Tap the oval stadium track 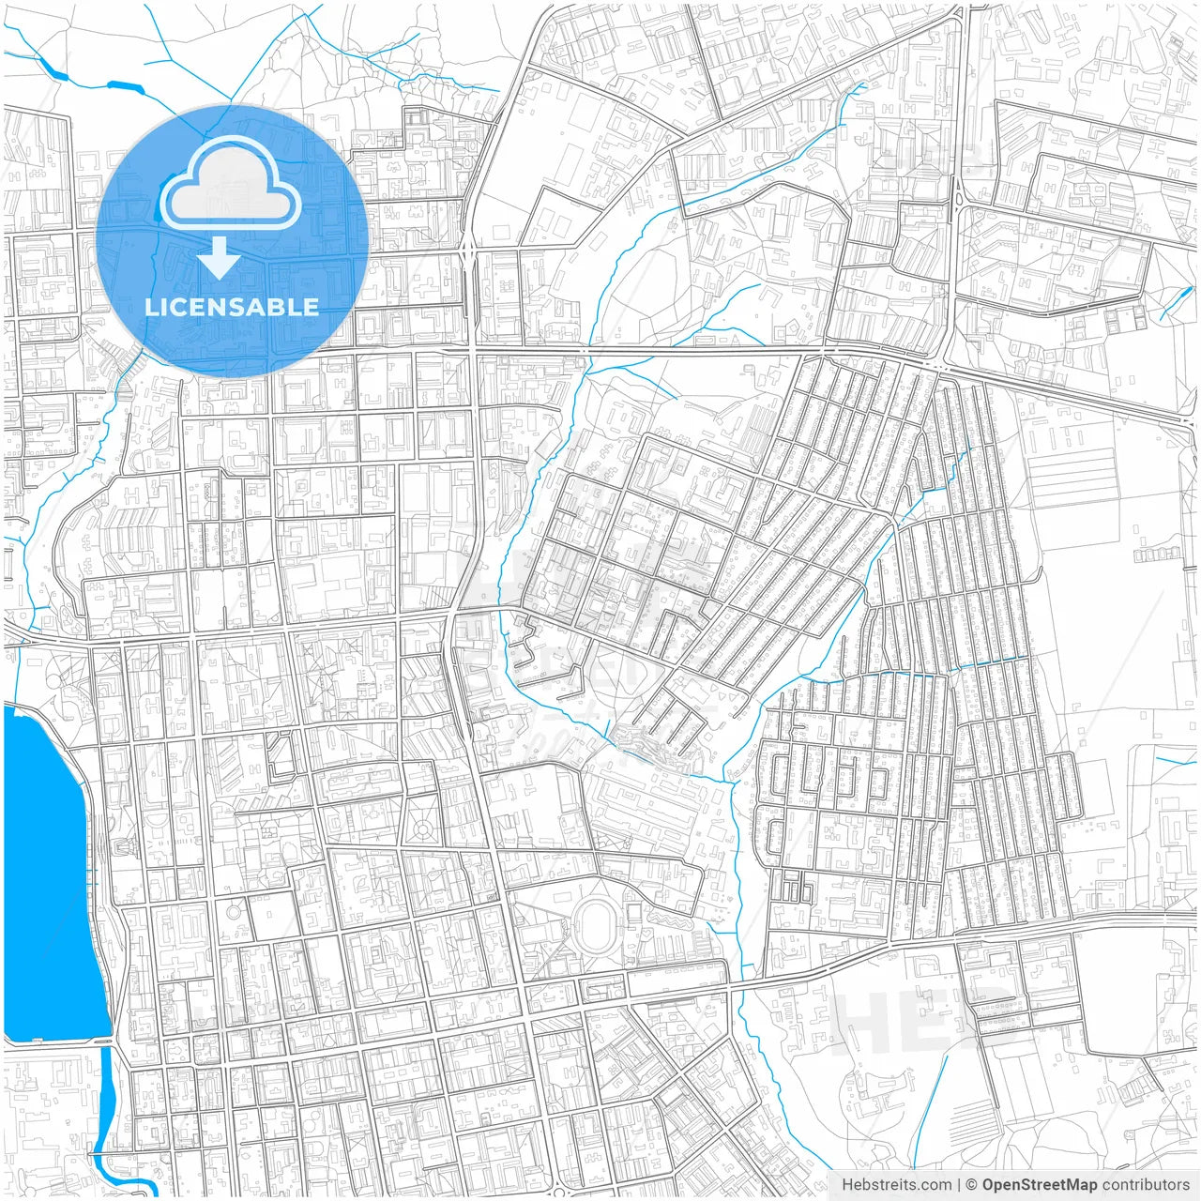click(x=594, y=923)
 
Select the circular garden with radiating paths click(x=423, y=829)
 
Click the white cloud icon click(x=230, y=188)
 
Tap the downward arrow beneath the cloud click(x=219, y=257)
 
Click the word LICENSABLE click(x=231, y=307)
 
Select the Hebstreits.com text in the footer click(x=896, y=1185)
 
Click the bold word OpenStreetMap click(x=1039, y=1185)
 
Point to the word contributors click(x=1145, y=1185)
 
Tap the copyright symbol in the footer click(x=972, y=1185)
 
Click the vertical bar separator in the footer click(x=958, y=1185)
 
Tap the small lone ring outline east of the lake click(x=233, y=910)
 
